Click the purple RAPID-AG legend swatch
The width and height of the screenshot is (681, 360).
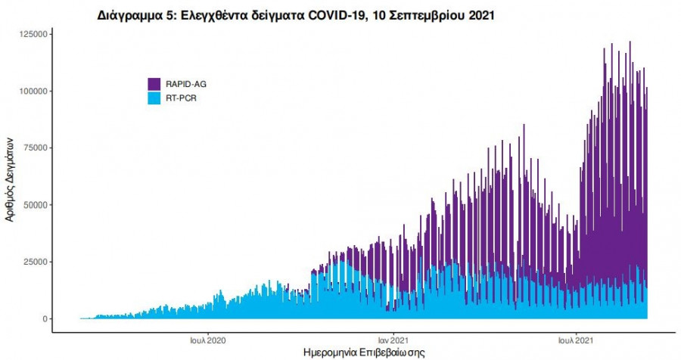point(154,84)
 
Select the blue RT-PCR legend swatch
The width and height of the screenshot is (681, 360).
point(154,98)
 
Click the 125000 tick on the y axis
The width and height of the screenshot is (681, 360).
point(33,34)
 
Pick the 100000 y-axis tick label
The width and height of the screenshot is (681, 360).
point(33,91)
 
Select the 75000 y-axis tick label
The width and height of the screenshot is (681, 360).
point(35,148)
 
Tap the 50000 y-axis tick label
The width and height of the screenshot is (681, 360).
point(35,205)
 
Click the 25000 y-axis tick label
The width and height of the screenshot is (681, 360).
point(35,262)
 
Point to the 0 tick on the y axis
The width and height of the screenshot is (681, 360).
point(45,319)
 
